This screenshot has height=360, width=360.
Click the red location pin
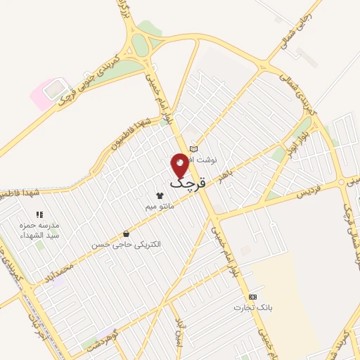(180, 165)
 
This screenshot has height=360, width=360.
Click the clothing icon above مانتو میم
(160, 195)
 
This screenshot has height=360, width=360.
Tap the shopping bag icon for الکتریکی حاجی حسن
(126, 233)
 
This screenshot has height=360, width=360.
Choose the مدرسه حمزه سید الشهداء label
(39, 229)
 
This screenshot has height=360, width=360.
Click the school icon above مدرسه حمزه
(39, 214)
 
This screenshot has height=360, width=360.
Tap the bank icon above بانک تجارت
(252, 297)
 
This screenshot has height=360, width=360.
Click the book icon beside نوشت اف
(194, 148)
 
